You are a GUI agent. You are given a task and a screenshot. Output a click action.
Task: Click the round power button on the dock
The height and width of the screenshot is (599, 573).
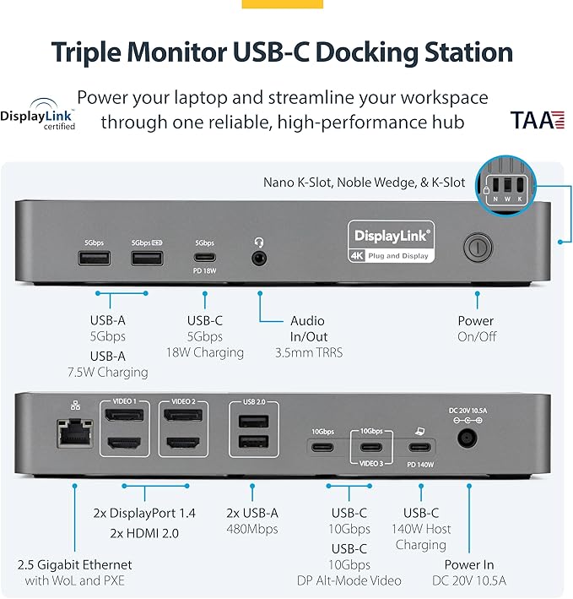coord(477,248)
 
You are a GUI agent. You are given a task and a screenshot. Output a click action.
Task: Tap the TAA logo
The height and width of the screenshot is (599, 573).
coord(536,120)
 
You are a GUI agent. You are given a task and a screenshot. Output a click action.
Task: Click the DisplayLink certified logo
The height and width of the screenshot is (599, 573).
coord(38,118)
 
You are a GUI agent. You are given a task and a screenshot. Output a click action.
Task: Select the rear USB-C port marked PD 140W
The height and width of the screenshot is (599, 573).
coord(419,446)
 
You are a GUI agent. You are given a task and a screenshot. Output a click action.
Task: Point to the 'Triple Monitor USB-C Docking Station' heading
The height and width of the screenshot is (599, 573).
coord(282,52)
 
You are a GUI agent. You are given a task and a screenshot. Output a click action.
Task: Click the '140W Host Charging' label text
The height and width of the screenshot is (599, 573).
coord(421,536)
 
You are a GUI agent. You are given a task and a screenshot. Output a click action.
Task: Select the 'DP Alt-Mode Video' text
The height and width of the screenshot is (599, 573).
coord(349,580)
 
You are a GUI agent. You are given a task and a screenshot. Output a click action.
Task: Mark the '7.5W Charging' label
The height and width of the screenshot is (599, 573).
coord(107,372)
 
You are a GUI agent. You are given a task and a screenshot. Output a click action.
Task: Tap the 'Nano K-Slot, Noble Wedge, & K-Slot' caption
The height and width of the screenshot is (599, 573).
coord(364,182)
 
